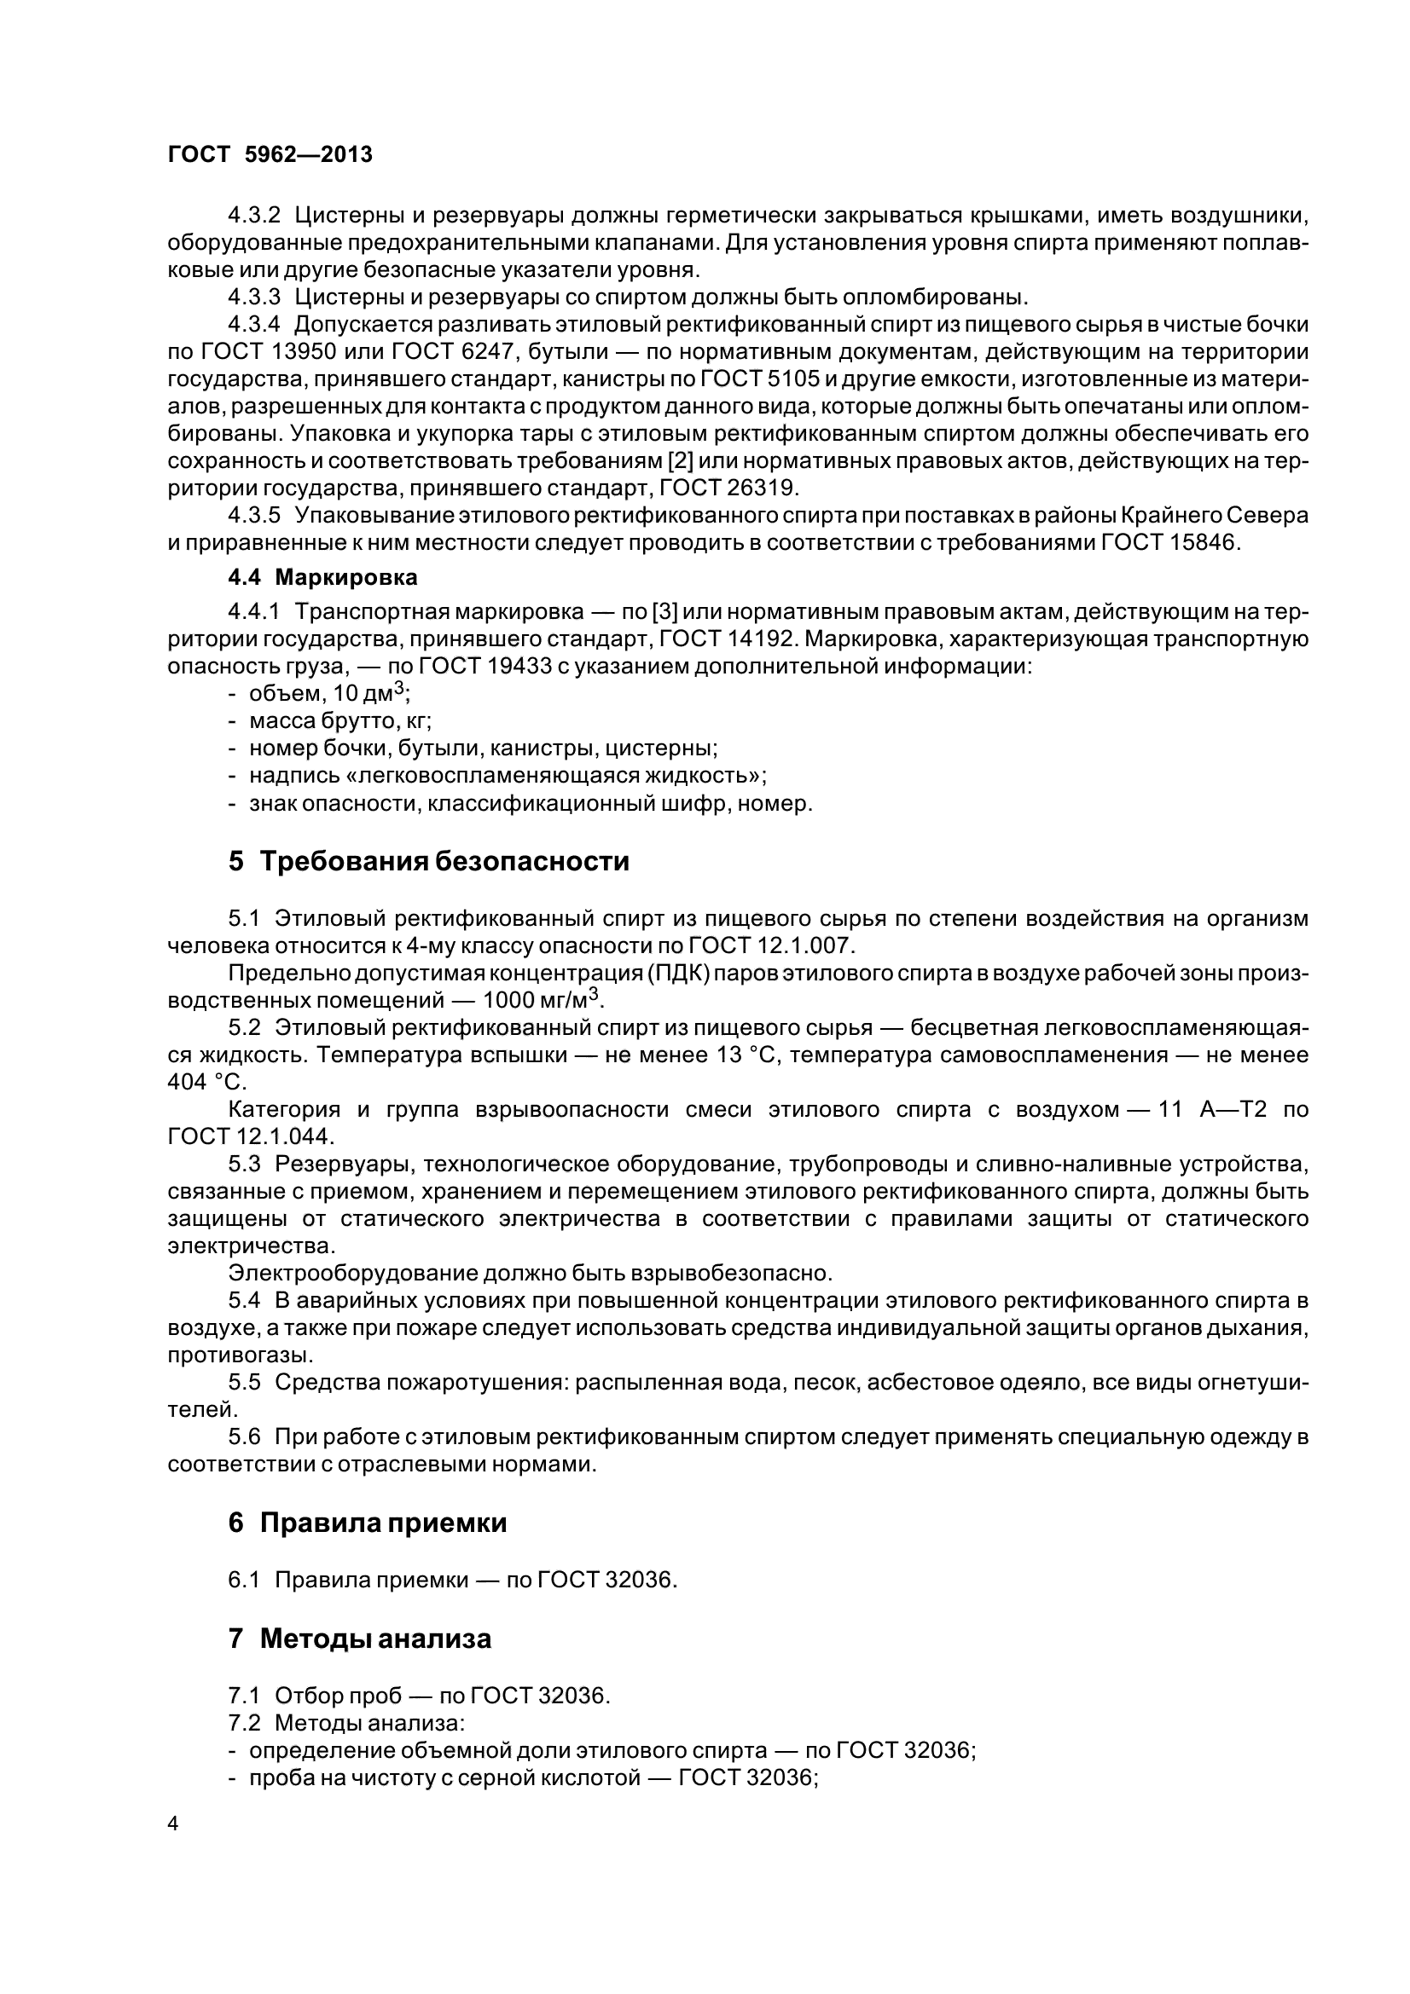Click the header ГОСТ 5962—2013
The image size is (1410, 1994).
click(270, 154)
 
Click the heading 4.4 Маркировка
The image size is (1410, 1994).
click(322, 576)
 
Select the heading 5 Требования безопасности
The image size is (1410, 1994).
click(428, 861)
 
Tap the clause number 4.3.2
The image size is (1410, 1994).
click(253, 216)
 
